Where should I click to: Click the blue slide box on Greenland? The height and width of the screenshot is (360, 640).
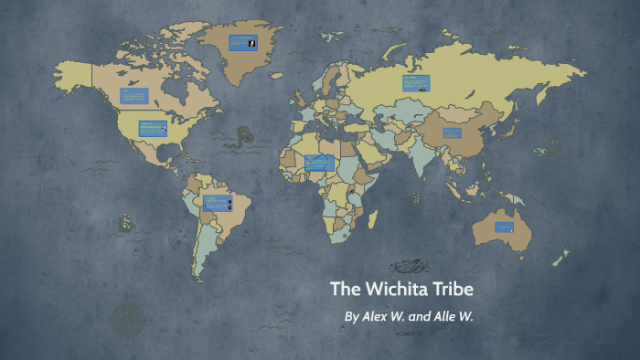242,42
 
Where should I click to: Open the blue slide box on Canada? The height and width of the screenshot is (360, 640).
134,95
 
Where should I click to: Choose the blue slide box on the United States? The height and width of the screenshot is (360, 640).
153,129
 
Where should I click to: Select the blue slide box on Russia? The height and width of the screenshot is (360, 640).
413,83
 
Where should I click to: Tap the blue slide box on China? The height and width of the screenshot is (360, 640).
453,132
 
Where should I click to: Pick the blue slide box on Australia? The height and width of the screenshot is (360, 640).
505,226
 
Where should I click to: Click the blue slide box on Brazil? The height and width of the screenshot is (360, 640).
217,203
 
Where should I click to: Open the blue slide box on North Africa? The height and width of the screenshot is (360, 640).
318,163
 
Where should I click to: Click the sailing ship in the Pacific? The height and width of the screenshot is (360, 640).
123,222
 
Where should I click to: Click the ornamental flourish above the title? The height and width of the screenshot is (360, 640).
408,267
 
